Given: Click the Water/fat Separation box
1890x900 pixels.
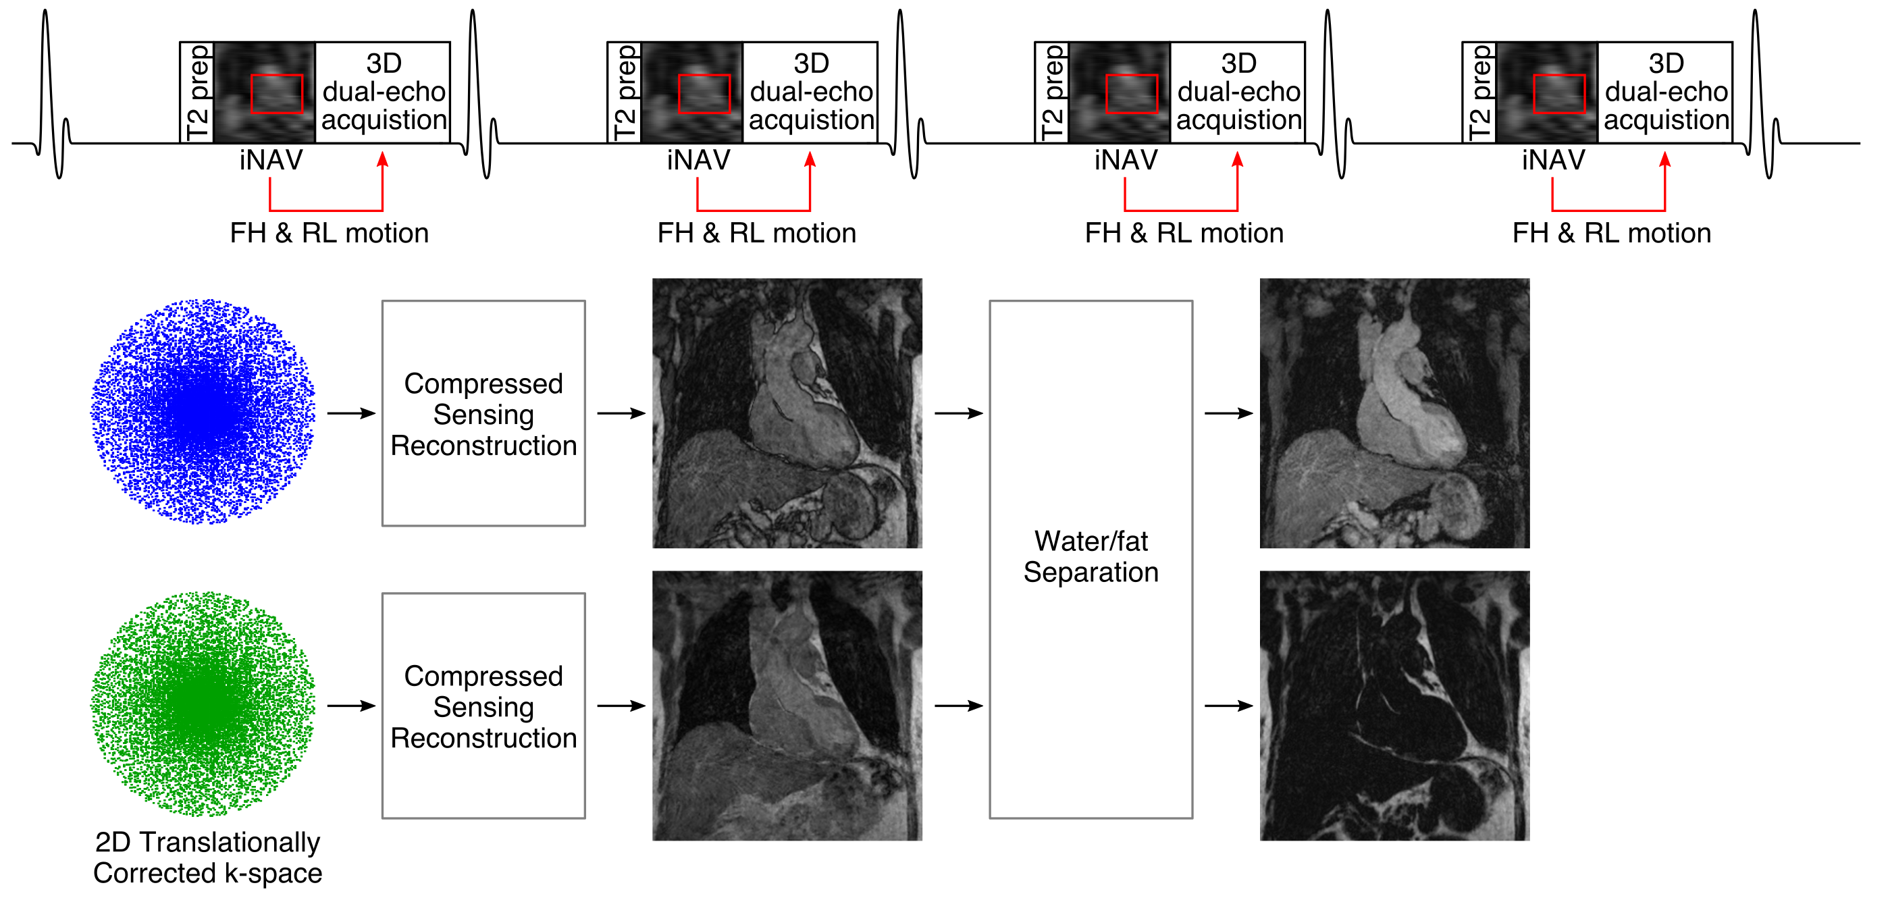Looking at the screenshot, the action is (1091, 558).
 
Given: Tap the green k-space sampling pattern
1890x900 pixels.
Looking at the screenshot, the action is (203, 704).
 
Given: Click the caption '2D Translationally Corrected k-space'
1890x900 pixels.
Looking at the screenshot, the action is (207, 857).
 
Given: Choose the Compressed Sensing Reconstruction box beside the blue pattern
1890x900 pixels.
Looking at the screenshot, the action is (483, 413).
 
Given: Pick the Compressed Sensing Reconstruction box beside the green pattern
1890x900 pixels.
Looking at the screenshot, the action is (483, 706).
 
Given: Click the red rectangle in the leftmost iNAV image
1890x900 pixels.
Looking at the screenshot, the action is (277, 94).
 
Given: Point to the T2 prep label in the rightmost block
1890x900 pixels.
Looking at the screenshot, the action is (1479, 92).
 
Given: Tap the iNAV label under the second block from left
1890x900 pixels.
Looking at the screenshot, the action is (698, 160).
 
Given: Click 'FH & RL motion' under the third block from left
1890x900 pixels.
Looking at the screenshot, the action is (1184, 233).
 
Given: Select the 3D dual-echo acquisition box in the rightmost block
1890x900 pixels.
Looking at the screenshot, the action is (1666, 92).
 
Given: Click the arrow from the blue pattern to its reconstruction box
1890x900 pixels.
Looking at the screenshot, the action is (351, 414).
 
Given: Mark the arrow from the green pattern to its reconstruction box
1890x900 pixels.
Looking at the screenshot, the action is (351, 706).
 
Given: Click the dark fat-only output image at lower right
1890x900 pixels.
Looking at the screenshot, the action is (1394, 706).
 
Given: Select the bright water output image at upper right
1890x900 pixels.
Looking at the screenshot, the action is (1394, 413).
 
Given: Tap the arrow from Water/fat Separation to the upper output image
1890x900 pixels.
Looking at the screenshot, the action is (1228, 414).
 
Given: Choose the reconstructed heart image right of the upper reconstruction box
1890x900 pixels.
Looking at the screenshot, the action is (787, 413).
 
